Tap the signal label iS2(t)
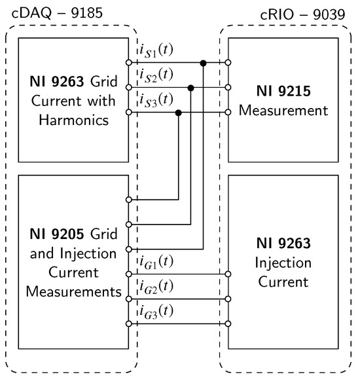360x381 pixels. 155,75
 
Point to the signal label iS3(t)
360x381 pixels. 155,100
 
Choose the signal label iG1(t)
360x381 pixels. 155,262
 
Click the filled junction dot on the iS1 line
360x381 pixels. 204,63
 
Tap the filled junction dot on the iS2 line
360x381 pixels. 190,88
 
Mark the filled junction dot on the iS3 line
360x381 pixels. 178,113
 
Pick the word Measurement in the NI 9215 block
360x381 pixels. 283,111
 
